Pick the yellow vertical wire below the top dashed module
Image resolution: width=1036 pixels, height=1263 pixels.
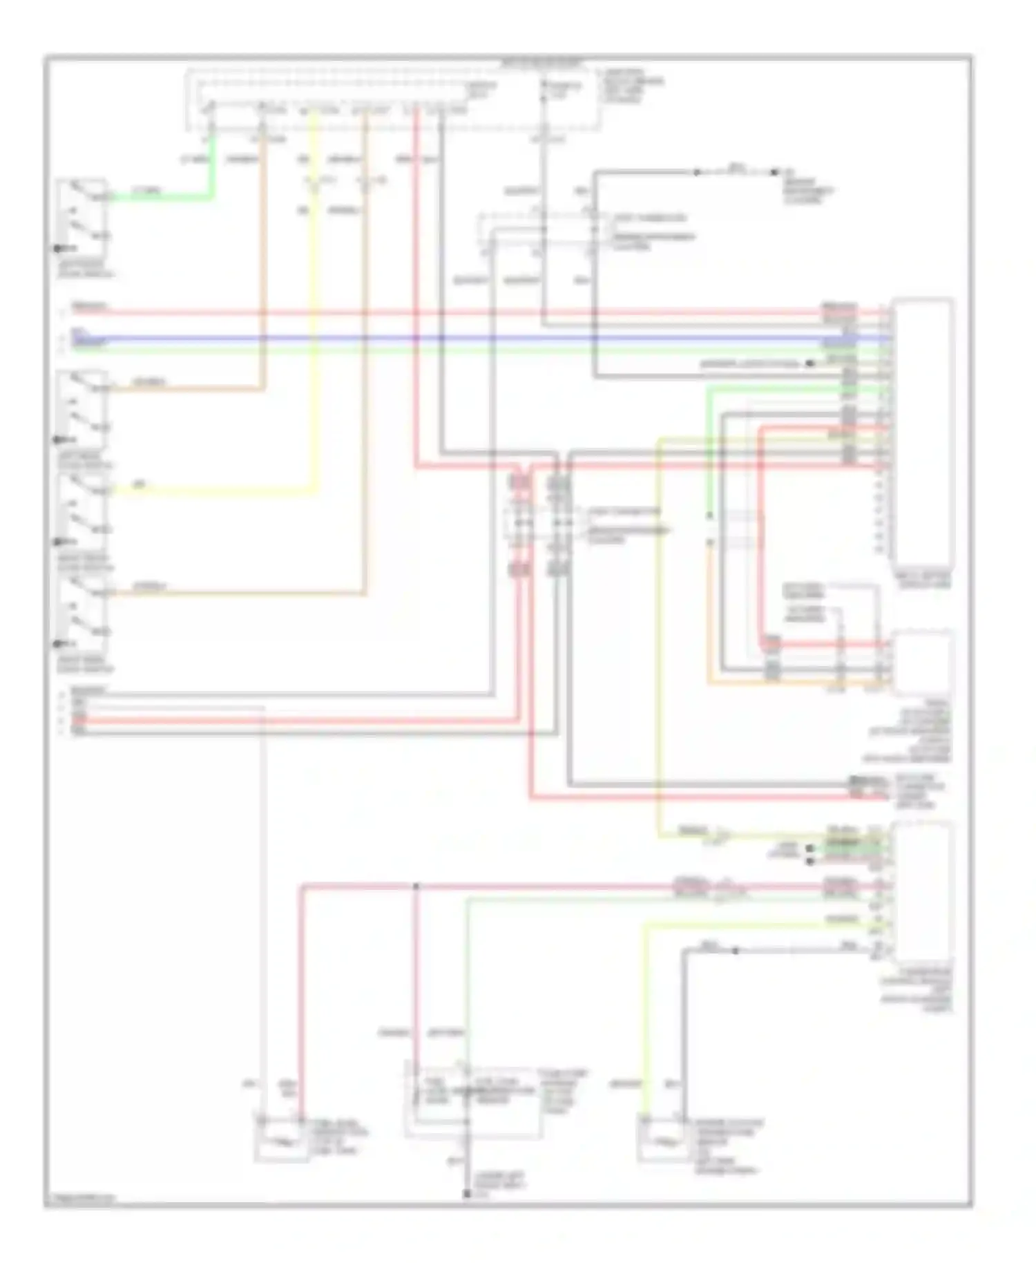[x=315, y=311]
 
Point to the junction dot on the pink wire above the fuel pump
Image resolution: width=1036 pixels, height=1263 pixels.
[x=416, y=886]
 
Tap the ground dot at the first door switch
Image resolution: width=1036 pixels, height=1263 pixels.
[x=57, y=248]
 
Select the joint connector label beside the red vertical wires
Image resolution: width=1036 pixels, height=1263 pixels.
[x=625, y=525]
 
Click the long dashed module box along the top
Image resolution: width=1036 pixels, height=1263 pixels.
[x=394, y=98]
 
